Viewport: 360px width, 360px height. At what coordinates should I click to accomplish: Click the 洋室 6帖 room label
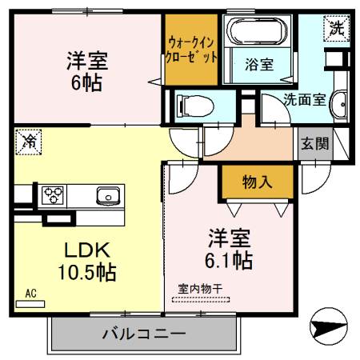click(87, 70)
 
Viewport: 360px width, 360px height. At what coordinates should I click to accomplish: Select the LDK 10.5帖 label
click(87, 260)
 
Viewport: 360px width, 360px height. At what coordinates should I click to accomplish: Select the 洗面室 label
click(304, 101)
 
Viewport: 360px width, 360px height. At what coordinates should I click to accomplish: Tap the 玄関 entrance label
click(314, 144)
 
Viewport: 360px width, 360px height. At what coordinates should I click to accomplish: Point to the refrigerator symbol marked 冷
click(27, 142)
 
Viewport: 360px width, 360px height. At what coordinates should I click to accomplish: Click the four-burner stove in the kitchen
click(54, 194)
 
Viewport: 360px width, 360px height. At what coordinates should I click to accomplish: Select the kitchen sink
click(106, 195)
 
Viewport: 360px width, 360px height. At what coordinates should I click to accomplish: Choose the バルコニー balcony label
click(144, 333)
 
